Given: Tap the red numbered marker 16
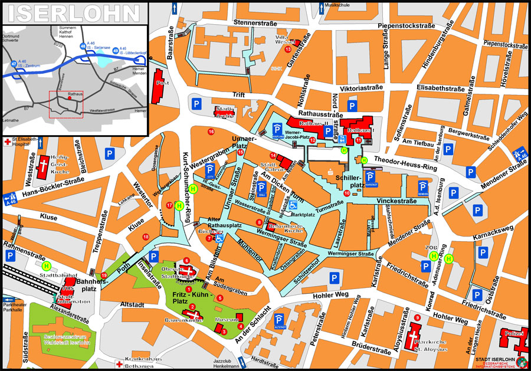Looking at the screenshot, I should [x=211, y=131].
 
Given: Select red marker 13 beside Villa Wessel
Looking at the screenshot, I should [x=288, y=50].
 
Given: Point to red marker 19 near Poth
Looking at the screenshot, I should [x=104, y=275].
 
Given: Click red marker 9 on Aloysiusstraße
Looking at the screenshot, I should [x=417, y=318].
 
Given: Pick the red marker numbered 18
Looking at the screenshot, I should [x=146, y=237].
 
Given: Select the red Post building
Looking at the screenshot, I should [x=158, y=85].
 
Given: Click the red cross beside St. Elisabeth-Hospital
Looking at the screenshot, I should [x=6, y=142].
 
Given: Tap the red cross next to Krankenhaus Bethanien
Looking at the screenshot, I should [x=119, y=365].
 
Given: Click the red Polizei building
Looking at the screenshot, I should [x=512, y=339].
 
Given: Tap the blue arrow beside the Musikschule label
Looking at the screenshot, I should [x=321, y=8].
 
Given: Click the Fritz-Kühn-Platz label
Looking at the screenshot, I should [x=188, y=298].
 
